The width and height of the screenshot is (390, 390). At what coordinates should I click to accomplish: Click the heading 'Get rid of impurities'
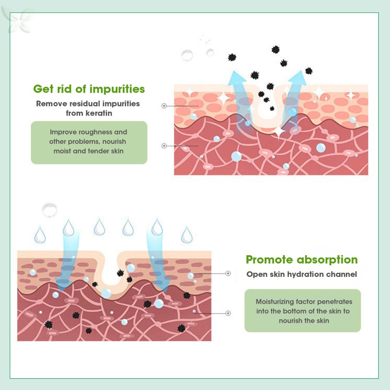point(89,89)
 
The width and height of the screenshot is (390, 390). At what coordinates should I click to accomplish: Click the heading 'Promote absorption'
point(302,260)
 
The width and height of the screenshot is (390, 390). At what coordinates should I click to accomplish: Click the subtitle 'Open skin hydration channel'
point(302,274)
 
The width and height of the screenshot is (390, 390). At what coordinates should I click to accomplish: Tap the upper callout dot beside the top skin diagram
point(164,105)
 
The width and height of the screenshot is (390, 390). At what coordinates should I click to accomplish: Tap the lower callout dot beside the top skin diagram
point(164,146)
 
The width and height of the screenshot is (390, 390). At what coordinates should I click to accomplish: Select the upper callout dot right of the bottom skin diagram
point(228,273)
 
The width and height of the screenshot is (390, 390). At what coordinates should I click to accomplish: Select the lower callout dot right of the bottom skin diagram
point(228,313)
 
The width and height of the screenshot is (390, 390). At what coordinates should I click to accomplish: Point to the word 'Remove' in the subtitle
point(51,104)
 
